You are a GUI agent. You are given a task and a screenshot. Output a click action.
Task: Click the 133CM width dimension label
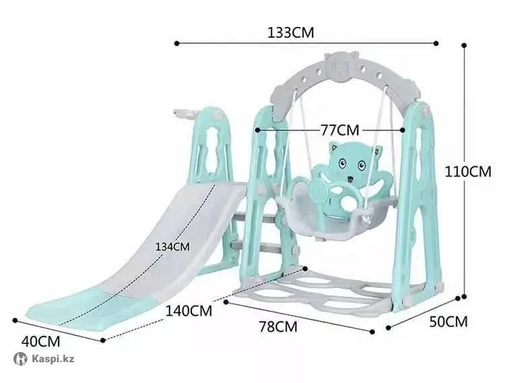pos(290,32)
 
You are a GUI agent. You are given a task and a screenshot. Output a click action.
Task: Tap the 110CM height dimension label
pos(468,172)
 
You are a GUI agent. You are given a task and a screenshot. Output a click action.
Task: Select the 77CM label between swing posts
pos(339,130)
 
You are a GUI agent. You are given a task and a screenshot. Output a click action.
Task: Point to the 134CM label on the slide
pos(172,247)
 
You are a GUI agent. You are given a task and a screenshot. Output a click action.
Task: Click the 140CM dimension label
pos(189,311)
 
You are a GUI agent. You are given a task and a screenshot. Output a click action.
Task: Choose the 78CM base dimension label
pos(278,326)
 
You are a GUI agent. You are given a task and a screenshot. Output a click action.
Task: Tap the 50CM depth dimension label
pos(448,322)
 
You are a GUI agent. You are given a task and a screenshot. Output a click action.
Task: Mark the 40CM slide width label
pos(40,341)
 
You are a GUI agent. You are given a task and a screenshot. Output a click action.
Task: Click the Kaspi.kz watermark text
pos(53,359)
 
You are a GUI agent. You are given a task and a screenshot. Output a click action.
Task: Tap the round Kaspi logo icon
pos(20,359)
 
